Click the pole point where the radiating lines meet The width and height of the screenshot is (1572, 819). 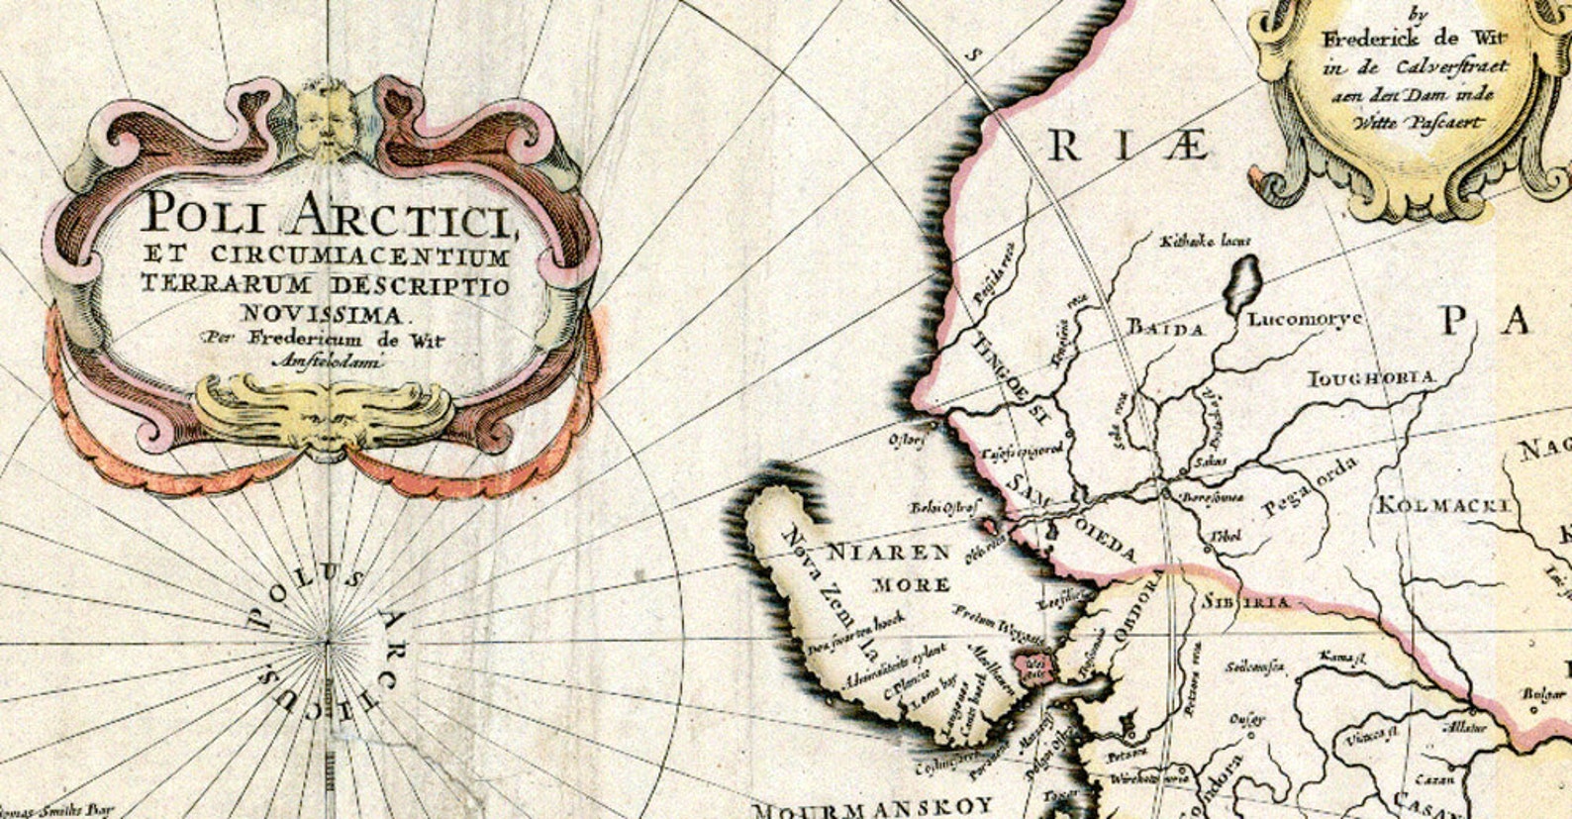click(x=327, y=642)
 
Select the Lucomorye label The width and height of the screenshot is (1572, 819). click(x=1305, y=320)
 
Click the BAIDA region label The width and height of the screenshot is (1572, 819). click(x=1165, y=329)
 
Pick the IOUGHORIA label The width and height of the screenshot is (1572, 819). click(x=1372, y=378)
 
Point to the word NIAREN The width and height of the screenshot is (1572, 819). click(x=888, y=553)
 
